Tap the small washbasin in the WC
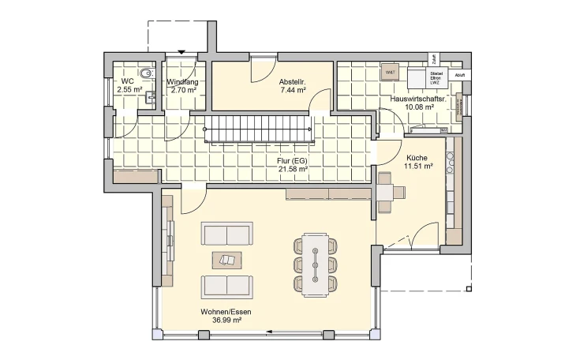(117, 99)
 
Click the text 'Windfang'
(181, 82)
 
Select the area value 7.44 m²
(292, 91)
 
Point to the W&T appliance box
(390, 73)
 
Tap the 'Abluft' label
(461, 75)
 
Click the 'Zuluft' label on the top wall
(433, 58)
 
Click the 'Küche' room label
(416, 157)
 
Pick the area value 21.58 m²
(291, 169)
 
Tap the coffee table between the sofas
(227, 259)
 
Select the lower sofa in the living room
(227, 285)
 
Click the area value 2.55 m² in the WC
(129, 91)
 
